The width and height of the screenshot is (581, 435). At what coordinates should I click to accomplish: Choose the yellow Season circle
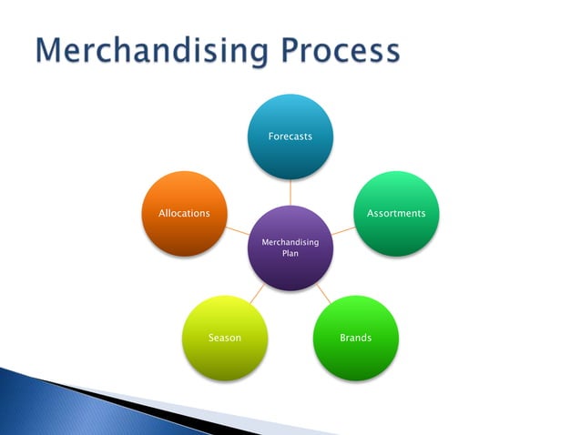(x=225, y=338)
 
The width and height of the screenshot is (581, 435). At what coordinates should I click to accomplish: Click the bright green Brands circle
(x=355, y=338)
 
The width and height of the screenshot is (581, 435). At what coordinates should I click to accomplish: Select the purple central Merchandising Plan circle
(x=290, y=248)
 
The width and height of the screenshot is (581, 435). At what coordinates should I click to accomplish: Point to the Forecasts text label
(x=290, y=136)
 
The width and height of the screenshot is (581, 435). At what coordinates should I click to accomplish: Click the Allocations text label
(x=184, y=213)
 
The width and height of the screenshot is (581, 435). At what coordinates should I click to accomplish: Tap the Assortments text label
(x=395, y=213)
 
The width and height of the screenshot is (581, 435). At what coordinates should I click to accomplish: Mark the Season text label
(x=225, y=338)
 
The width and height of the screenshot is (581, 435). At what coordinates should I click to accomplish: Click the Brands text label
(x=355, y=338)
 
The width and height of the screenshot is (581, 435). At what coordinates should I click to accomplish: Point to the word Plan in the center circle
(x=290, y=254)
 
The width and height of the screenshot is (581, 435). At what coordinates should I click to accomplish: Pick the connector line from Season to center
(x=258, y=294)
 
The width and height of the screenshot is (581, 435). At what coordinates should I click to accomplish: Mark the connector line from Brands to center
(x=323, y=294)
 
